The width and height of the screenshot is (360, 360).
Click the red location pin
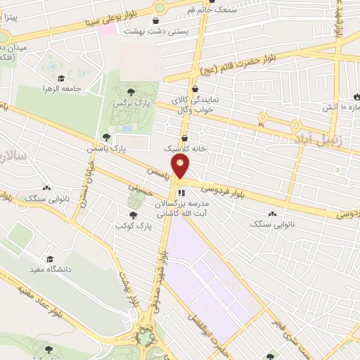coord(181,167)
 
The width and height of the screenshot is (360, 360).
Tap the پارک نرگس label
coord(128,103)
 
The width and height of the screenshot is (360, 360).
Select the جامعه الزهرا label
coord(78,89)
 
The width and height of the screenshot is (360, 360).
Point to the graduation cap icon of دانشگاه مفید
coord(49,259)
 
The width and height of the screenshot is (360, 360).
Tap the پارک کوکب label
coord(133,226)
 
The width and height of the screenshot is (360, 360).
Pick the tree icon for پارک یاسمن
coord(106,137)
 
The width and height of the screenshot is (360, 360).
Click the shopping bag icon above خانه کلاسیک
coord(184,138)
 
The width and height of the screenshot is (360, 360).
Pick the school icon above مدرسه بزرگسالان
coord(181,191)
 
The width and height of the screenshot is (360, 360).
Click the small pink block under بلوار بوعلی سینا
coord(107,31)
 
